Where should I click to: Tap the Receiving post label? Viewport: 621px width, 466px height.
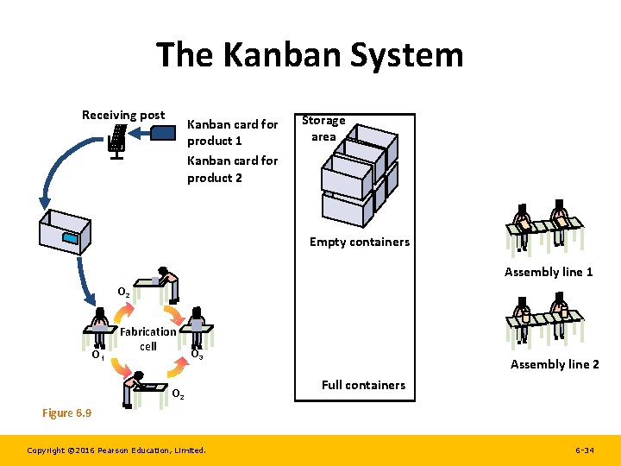coord(123,115)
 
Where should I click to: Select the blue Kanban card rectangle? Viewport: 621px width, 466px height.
coord(165,132)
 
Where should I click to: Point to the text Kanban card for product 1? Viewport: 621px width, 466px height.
coord(233,132)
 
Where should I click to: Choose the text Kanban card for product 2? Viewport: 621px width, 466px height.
coord(233,169)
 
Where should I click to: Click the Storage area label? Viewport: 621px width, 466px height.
coord(323,129)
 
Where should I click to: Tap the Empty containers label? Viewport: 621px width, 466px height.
coord(360,242)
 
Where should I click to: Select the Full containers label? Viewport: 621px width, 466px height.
coord(363,385)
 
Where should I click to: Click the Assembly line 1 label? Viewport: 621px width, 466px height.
coord(549,272)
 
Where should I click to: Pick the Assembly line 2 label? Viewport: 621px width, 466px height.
coord(555,364)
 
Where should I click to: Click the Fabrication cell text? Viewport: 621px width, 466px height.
coord(148,338)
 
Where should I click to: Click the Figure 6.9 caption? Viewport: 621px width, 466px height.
coord(66,412)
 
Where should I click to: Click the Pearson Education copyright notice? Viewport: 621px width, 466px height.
coord(116,450)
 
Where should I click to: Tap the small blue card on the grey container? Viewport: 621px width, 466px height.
coord(69,237)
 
